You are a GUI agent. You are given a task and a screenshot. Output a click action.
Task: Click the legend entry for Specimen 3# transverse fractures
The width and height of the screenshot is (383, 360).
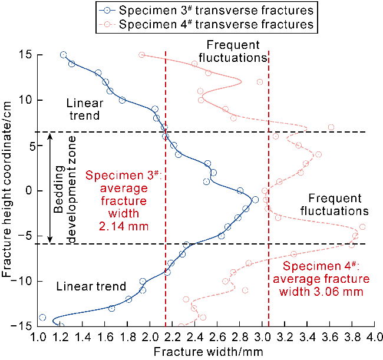(206, 11)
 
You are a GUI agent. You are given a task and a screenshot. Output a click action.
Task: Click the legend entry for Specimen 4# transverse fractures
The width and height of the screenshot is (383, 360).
(206, 24)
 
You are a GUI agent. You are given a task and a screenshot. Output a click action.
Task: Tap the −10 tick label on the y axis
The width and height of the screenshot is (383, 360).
(21, 281)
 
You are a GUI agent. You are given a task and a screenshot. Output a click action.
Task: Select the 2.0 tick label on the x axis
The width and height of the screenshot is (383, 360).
(150, 337)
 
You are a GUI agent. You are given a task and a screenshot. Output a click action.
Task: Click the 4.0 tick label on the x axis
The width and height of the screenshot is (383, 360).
(375, 337)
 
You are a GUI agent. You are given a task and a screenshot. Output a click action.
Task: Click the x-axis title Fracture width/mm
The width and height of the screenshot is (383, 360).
(209, 352)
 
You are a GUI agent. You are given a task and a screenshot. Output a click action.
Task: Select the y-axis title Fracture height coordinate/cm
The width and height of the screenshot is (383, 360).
(6, 189)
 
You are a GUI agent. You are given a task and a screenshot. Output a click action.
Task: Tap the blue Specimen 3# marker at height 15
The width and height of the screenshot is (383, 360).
(64, 55)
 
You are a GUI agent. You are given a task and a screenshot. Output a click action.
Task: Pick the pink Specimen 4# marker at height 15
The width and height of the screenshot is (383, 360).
(141, 55)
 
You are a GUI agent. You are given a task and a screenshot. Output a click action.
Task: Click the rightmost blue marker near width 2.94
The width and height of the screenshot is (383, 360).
(255, 200)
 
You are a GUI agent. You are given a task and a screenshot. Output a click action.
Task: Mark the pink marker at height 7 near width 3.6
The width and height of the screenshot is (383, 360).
(331, 127)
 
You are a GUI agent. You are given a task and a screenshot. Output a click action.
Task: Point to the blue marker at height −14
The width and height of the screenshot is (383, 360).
(42, 318)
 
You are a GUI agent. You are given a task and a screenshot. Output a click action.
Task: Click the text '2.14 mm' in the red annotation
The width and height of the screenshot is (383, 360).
(124, 226)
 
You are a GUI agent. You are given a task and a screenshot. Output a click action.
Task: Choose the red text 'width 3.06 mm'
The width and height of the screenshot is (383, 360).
(321, 292)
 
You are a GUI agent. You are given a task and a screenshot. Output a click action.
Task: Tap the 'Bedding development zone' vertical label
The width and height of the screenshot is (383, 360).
(64, 190)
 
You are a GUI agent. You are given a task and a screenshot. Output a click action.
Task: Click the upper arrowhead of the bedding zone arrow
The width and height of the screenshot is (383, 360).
(50, 136)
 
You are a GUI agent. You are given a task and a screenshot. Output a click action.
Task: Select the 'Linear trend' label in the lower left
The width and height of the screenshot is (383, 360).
(91, 286)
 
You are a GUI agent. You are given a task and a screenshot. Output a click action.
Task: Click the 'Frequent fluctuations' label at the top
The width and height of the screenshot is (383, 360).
(233, 51)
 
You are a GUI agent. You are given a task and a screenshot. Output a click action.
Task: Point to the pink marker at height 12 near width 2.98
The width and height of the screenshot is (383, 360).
(260, 82)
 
